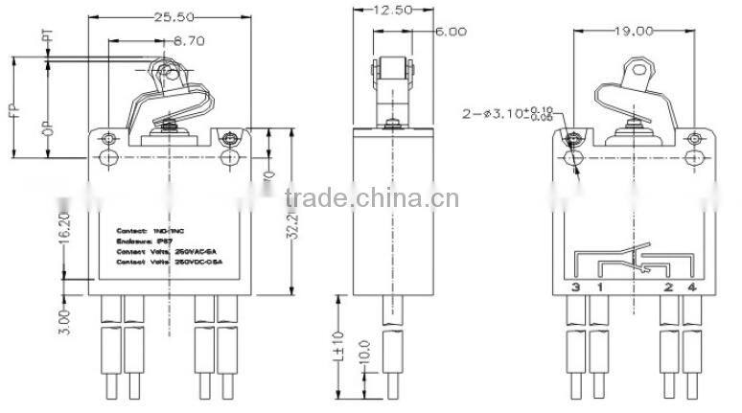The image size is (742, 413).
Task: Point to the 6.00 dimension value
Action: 451,31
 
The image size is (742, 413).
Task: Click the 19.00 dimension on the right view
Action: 635,31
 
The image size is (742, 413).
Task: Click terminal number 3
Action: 575,287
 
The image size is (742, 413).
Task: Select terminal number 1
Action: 600,287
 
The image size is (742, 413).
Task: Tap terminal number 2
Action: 667,287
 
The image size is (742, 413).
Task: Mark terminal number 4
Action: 690,287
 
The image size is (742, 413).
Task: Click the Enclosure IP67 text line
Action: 144,242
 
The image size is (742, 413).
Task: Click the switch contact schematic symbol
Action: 633,264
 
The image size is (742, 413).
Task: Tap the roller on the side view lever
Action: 392,70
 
